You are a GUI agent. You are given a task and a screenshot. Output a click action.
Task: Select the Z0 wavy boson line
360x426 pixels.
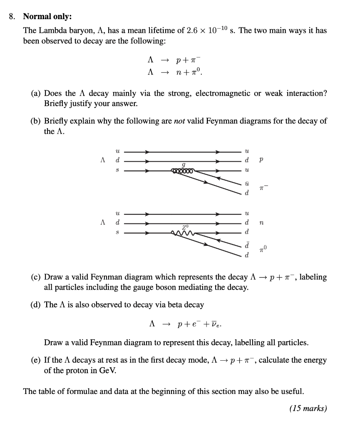coord(182,232)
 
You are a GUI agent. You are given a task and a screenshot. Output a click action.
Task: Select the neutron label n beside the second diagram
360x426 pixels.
coord(261,223)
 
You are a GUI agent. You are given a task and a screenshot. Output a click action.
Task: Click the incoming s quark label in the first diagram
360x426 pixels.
coord(117,170)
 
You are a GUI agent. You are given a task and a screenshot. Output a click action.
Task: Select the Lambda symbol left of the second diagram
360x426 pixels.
coord(102,223)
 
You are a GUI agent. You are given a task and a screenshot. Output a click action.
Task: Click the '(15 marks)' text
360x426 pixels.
coord(308,409)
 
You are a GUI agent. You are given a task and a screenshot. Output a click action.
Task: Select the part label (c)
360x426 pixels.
coord(36,277)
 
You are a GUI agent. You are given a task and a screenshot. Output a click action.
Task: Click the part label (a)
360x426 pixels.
coord(36,94)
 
